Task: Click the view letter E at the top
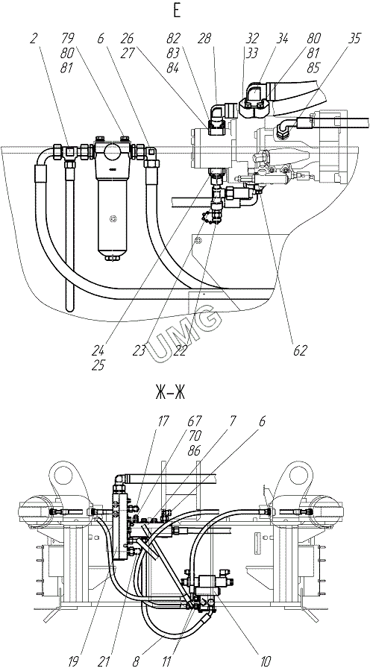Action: (x=177, y=11)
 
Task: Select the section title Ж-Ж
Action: (x=170, y=393)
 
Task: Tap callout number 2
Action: (x=34, y=39)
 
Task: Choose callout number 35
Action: (x=354, y=39)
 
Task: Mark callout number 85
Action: (x=313, y=68)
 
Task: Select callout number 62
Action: (x=300, y=351)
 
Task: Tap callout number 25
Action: (x=98, y=365)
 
